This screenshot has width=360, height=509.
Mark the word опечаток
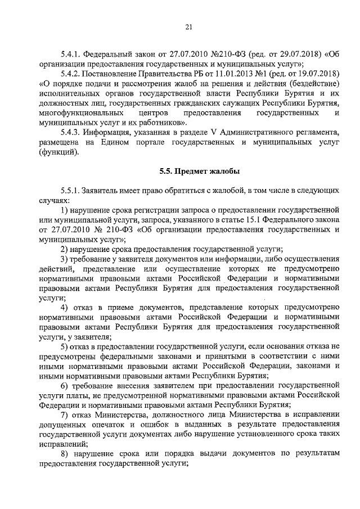tap(110, 425)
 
